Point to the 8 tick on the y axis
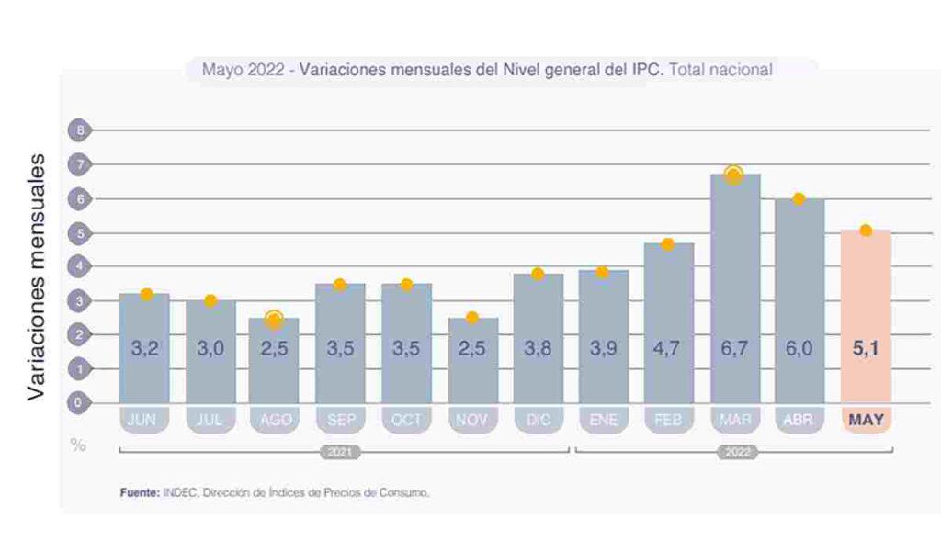point(80,130)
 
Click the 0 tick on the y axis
point(80,402)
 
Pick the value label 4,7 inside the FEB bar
point(668,350)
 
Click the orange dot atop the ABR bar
point(799,198)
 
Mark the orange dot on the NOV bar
point(472,318)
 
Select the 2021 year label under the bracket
point(340,452)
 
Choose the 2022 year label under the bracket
point(735,452)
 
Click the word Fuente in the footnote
point(139,493)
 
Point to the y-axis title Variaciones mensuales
point(35,276)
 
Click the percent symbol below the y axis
point(79,445)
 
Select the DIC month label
point(537,420)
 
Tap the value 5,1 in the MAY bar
point(866,350)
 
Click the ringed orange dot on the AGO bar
point(274,319)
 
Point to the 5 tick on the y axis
point(80,233)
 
